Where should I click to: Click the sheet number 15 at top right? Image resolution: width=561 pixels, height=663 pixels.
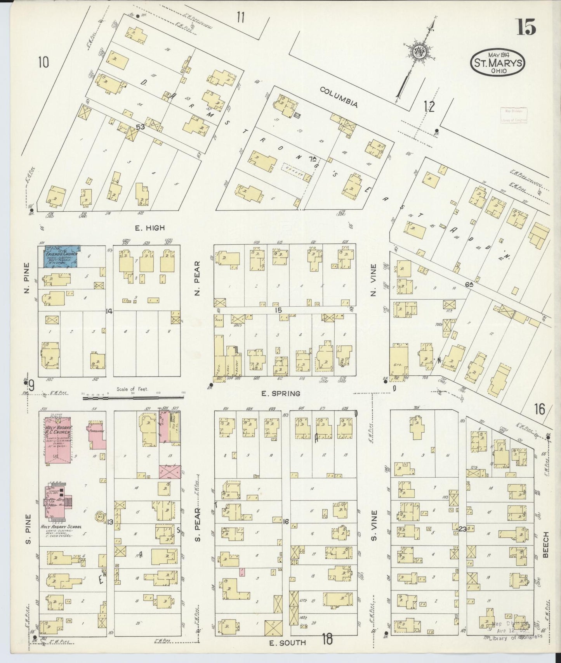(526, 28)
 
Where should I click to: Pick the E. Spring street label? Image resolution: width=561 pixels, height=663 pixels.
(281, 394)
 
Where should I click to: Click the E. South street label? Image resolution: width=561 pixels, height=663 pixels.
(288, 642)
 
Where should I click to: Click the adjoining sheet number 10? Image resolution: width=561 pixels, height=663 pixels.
(43, 62)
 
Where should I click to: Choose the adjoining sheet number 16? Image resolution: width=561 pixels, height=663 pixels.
(539, 409)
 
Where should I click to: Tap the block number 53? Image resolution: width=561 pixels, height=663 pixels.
(140, 127)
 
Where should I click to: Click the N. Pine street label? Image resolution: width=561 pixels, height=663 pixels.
(26, 278)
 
